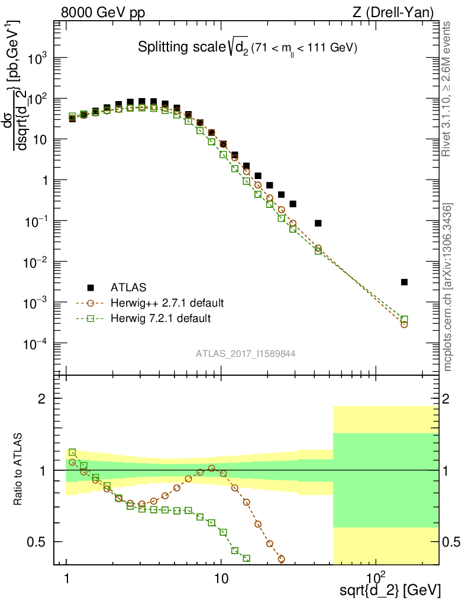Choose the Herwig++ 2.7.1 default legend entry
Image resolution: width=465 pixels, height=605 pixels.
pyautogui.click(x=167, y=303)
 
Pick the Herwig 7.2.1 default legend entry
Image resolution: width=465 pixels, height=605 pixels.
pyautogui.click(x=160, y=318)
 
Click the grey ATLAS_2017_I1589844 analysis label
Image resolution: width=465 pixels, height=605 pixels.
pyautogui.click(x=246, y=354)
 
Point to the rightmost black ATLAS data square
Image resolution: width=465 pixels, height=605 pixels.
pyautogui.click(x=404, y=282)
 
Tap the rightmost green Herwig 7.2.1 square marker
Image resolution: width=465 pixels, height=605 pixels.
pyautogui.click(x=405, y=319)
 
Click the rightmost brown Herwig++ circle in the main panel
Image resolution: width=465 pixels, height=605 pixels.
pyautogui.click(x=404, y=324)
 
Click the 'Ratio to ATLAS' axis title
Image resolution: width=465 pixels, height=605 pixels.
pyautogui.click(x=18, y=470)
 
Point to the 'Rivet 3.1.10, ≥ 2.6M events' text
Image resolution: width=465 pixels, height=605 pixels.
pyautogui.click(x=447, y=89)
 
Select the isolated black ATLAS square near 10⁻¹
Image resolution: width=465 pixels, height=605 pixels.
pyautogui.click(x=318, y=223)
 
